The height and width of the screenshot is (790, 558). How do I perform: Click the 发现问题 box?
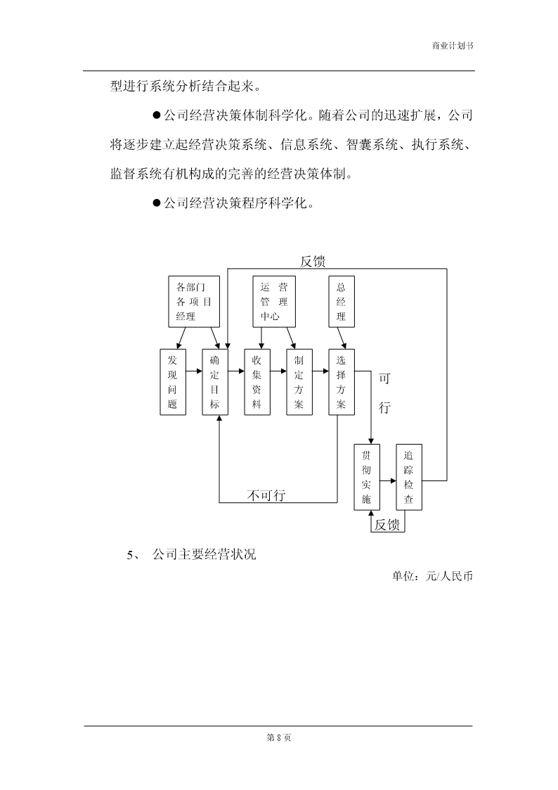coord(173,382)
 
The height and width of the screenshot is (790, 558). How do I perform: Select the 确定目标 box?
coord(215,382)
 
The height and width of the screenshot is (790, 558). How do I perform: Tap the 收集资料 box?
coord(257,382)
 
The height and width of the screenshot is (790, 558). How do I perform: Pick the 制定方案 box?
coord(299,382)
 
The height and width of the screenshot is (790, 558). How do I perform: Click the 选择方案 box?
coord(342,382)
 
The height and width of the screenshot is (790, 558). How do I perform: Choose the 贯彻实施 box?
coord(367,477)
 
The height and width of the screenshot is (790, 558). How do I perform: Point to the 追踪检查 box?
coord(409,477)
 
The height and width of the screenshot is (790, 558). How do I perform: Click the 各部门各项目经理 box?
coord(194,302)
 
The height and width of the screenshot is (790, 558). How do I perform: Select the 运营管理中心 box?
coord(273,302)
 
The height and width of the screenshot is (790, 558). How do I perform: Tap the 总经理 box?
coord(342,302)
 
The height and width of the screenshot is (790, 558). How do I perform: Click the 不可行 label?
coord(266,495)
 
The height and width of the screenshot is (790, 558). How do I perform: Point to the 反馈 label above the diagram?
coord(313,261)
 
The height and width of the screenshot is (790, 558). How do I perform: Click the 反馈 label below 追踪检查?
coord(387,525)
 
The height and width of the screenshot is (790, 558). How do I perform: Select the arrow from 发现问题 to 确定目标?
coord(194,372)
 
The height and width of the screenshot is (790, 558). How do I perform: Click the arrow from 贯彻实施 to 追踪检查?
coord(388,480)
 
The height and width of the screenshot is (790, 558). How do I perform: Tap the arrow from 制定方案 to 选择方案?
coord(320,372)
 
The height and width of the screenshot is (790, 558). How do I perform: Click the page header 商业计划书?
coord(453,45)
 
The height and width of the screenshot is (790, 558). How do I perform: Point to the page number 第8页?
coord(279,738)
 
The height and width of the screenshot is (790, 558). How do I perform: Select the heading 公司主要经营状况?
coord(205,554)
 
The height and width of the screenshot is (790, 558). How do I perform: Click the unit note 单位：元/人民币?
coord(433,575)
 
